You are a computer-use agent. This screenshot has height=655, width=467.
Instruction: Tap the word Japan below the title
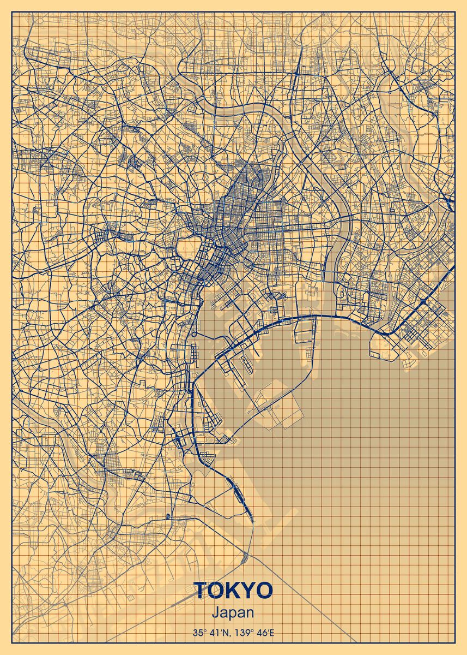(x=233, y=614)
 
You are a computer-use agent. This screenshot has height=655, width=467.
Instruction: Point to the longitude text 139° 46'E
(x=256, y=634)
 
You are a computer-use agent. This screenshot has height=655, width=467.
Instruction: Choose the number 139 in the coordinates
(x=245, y=634)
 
